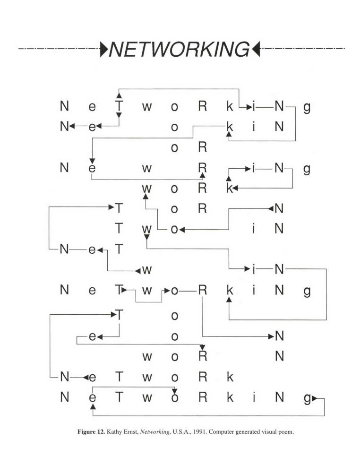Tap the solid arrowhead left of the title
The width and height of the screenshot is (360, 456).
(x=104, y=49)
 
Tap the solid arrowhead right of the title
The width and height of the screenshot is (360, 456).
(x=256, y=49)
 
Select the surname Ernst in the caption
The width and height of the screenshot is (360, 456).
(x=130, y=431)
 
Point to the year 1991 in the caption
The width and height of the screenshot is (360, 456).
(x=200, y=431)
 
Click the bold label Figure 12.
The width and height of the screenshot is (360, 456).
(x=91, y=432)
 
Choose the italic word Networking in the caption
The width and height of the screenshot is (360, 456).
(x=154, y=432)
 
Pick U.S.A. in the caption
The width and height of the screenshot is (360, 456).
(x=181, y=431)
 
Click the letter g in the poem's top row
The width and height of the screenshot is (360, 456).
(x=307, y=107)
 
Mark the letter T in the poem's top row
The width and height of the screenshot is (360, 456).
(x=119, y=106)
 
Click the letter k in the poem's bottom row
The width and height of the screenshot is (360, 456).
(x=230, y=397)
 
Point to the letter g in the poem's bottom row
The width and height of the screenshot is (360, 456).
(x=307, y=398)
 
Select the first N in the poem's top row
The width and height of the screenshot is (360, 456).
(x=64, y=106)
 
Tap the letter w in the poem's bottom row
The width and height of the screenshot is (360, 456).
(x=147, y=398)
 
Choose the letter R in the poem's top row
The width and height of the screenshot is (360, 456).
(x=202, y=106)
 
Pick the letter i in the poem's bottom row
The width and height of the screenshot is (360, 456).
(x=254, y=397)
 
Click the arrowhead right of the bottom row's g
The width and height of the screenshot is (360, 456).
(x=314, y=398)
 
